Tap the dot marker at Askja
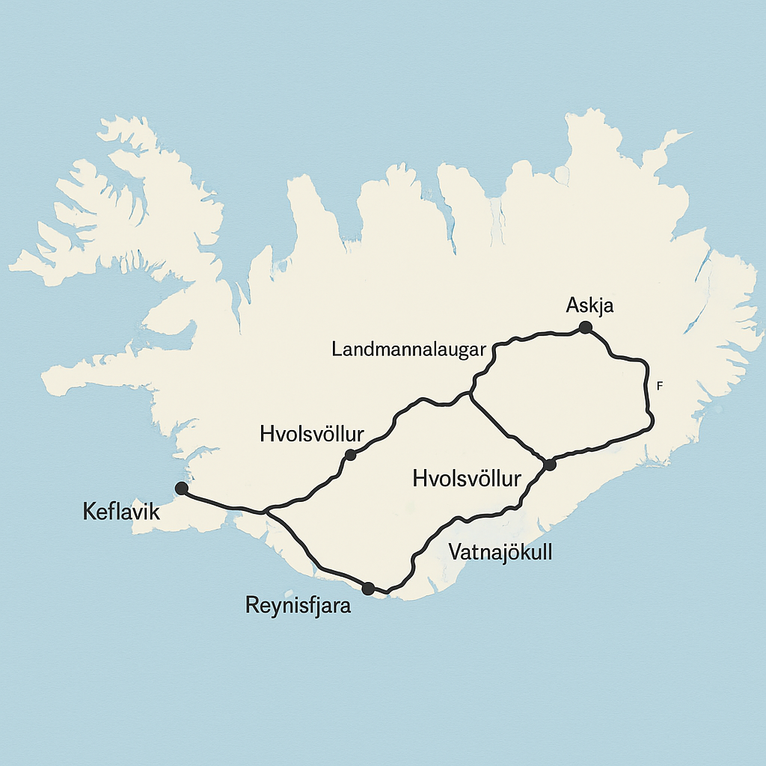585,327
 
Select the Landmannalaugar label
409,349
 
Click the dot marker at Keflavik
181,488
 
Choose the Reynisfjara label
298,605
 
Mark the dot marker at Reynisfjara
367,589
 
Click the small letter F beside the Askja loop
658,386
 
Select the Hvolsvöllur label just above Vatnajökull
466,479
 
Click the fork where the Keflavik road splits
266,513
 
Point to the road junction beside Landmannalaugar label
471,391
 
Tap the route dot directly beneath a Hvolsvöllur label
349,454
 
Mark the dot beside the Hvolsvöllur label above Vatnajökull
550,465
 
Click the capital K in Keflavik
88,512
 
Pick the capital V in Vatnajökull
454,552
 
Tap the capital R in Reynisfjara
252,605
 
